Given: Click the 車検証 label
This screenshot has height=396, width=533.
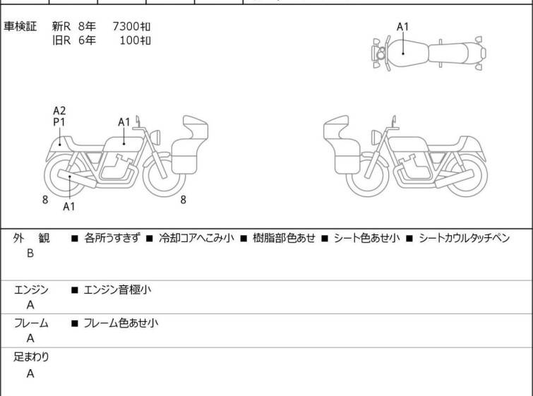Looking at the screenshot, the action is (x=20, y=26).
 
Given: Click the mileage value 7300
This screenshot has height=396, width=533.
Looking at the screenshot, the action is (x=126, y=26).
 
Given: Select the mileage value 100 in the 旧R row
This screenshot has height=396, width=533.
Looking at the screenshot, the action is (x=129, y=40).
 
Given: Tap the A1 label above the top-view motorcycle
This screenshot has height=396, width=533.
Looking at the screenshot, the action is (x=402, y=27).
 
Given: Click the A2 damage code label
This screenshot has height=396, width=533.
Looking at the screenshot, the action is (x=59, y=111).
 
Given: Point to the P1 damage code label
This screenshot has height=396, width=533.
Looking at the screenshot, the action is (x=59, y=121).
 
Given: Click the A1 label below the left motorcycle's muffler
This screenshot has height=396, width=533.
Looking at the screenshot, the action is (x=68, y=206).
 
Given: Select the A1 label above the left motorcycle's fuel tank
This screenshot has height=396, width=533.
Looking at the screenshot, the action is (x=124, y=122).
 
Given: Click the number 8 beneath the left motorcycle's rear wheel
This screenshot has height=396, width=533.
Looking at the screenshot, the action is (x=45, y=200).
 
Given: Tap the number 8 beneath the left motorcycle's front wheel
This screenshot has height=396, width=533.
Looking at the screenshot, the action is (x=184, y=200).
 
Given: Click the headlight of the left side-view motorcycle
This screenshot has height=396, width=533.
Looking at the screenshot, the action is (x=155, y=137).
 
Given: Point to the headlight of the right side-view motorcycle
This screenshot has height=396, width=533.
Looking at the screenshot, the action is (x=376, y=138).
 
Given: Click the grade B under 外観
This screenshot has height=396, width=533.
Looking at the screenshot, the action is (x=30, y=253).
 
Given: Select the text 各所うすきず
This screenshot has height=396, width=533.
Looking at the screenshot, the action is (x=112, y=238).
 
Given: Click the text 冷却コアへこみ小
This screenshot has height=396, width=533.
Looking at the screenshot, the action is (x=196, y=238).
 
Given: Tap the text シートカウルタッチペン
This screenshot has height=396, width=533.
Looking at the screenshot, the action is (x=464, y=238).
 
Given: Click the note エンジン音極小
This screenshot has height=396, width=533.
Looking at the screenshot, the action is (x=117, y=289).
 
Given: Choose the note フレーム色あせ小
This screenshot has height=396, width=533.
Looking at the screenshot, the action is (x=121, y=323).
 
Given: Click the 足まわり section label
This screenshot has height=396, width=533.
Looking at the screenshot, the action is (x=31, y=357).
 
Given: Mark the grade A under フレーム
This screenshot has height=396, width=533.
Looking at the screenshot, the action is (x=30, y=339).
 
